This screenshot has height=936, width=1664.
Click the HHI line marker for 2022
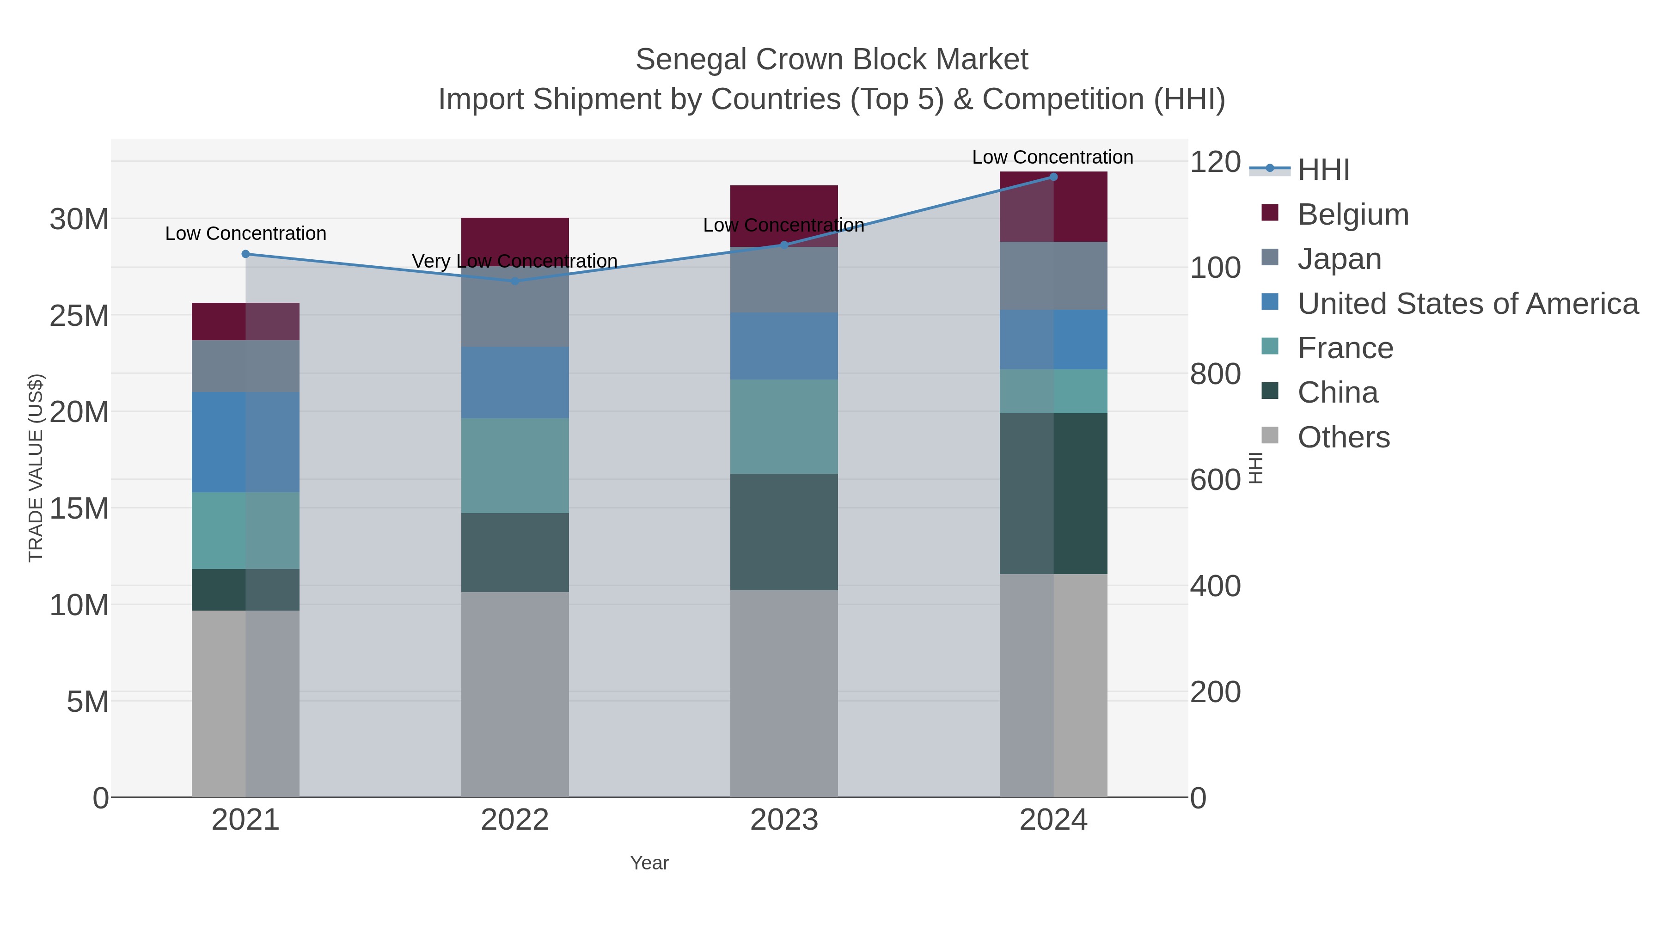(515, 281)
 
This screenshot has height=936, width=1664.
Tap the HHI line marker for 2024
(1053, 177)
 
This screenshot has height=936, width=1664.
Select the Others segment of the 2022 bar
(515, 694)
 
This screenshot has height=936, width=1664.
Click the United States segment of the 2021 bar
(245, 442)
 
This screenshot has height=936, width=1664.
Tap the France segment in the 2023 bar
(783, 426)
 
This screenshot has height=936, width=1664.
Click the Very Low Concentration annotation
(515, 261)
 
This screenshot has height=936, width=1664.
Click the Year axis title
(649, 863)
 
